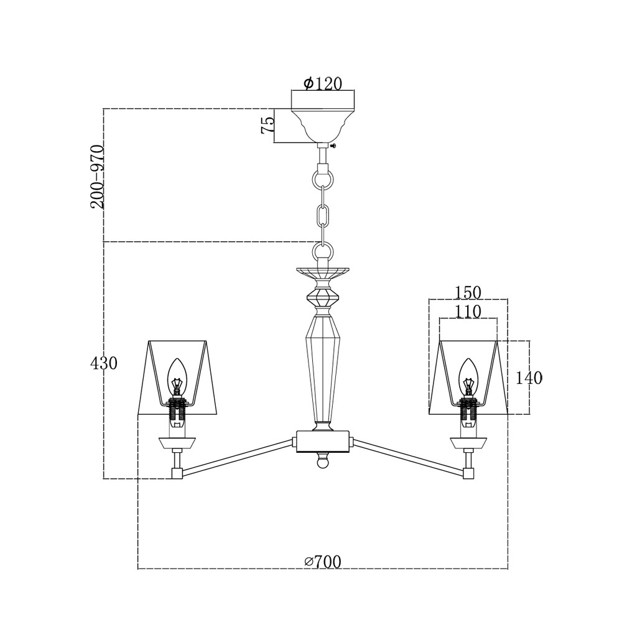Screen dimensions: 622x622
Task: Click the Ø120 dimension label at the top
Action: tap(323, 84)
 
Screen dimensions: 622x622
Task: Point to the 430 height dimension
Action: tap(104, 363)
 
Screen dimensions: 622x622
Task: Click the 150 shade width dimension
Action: tap(468, 292)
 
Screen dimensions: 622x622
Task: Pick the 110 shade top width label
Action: tap(468, 311)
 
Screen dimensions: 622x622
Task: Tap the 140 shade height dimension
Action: tap(529, 378)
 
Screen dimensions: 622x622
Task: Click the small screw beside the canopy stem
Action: tap(334, 146)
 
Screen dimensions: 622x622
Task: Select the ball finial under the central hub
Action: tap(323, 462)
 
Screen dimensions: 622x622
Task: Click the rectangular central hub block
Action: tap(323, 441)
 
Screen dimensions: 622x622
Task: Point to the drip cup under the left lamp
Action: tap(178, 442)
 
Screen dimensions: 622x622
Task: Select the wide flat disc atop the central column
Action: tap(323, 271)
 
